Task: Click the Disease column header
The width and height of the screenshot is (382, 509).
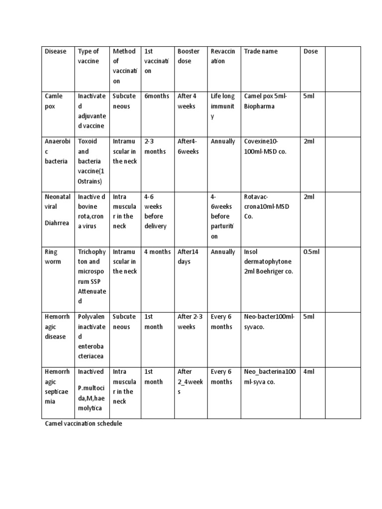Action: (x=55, y=51)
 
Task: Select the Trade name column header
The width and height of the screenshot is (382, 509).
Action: (x=261, y=51)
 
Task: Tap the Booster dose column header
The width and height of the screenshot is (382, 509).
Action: (x=189, y=56)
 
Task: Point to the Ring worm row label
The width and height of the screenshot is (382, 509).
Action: (x=53, y=256)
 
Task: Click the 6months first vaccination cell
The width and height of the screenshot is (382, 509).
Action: (x=157, y=96)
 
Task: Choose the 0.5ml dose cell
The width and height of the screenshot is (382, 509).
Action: (x=311, y=252)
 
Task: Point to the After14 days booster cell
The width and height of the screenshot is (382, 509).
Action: (x=188, y=256)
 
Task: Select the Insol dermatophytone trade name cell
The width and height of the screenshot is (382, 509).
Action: (x=268, y=261)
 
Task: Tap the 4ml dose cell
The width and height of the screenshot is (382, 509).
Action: (x=309, y=371)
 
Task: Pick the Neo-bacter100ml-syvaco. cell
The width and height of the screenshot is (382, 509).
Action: (x=269, y=322)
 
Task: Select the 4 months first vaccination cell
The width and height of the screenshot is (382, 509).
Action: (x=157, y=252)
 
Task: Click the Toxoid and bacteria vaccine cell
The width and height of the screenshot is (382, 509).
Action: (x=92, y=161)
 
